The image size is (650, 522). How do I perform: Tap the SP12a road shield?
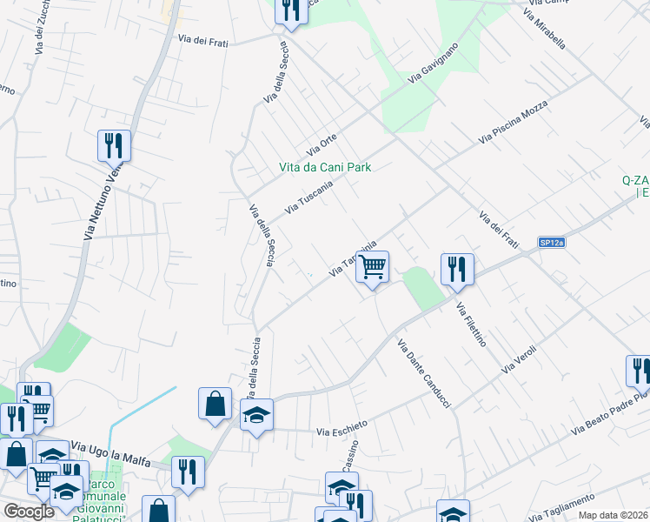point(551,244)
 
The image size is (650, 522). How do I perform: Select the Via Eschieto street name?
point(342,428)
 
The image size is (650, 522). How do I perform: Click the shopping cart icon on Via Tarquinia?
point(373,266)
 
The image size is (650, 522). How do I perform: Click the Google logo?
point(29,512)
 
